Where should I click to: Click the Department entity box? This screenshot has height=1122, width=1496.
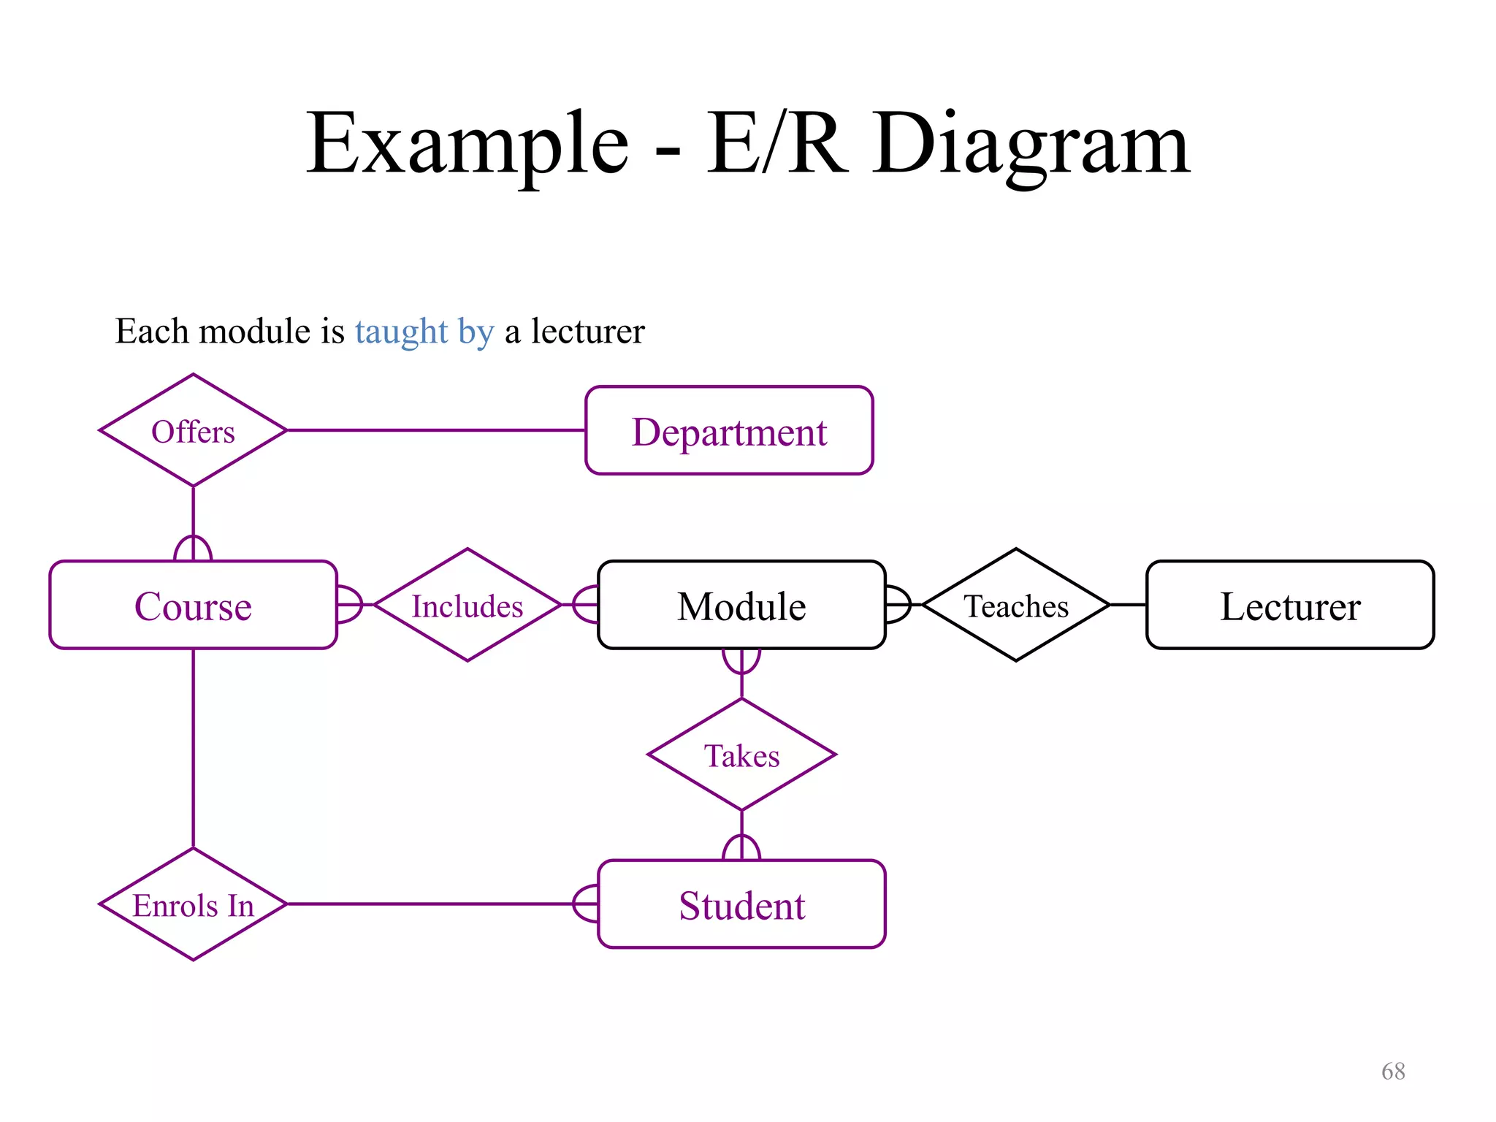click(729, 431)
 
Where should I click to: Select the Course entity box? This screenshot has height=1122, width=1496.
click(193, 606)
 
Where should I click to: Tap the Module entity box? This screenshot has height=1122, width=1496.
click(741, 606)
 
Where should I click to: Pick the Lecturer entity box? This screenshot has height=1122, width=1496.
click(1290, 606)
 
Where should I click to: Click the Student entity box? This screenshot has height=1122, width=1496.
click(741, 904)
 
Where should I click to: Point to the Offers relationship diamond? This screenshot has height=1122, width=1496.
click(193, 431)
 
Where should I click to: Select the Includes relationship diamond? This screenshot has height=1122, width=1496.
click(467, 606)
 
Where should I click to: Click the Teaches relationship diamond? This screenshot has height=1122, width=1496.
click(1016, 606)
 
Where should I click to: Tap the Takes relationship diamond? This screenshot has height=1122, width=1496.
click(741, 755)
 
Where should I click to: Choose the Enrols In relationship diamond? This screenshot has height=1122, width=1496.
click(193, 904)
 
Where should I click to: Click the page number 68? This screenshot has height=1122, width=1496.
click(1393, 1071)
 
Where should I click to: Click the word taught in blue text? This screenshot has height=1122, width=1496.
click(401, 332)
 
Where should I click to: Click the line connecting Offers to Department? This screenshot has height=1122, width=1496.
click(436, 430)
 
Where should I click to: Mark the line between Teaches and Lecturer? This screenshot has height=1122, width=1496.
click(1129, 605)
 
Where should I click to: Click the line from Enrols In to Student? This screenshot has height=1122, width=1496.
click(431, 904)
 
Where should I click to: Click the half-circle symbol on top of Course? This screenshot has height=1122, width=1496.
click(193, 549)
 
